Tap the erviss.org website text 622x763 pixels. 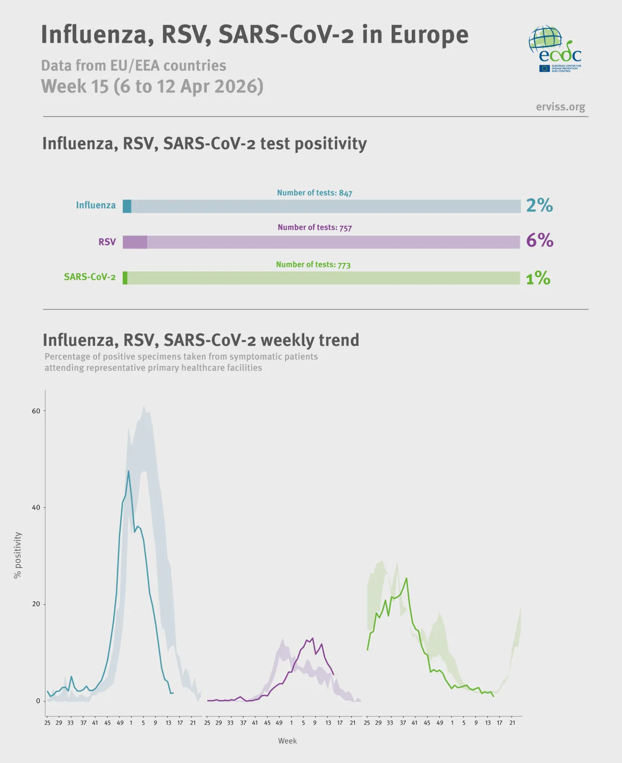click(x=560, y=107)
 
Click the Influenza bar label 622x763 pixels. click(x=96, y=205)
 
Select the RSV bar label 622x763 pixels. click(x=107, y=242)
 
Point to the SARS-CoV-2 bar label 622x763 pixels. click(x=90, y=277)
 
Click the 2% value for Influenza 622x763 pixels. click(x=539, y=205)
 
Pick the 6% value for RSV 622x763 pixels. click(x=539, y=240)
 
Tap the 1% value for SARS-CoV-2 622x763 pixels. click(x=538, y=278)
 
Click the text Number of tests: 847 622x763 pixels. click(x=314, y=193)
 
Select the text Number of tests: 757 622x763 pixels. click(x=314, y=227)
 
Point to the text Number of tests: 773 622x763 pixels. click(x=313, y=264)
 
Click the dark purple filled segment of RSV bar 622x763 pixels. click(x=135, y=242)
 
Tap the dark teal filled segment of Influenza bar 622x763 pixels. click(x=127, y=206)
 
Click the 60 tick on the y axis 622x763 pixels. click(x=36, y=411)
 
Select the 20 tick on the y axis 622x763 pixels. click(x=36, y=604)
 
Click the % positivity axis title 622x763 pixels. click(x=18, y=555)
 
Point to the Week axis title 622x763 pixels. click(x=287, y=741)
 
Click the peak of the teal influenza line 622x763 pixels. click(x=128, y=471)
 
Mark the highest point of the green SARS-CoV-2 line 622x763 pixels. click(x=407, y=578)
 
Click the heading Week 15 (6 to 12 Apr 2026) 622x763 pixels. click(x=152, y=86)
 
